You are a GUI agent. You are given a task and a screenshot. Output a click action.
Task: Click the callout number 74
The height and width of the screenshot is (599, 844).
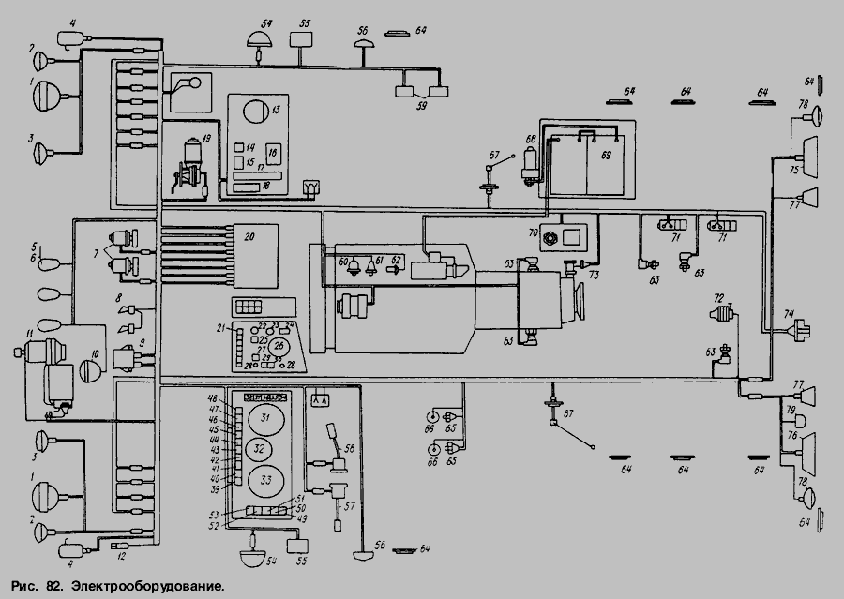(789, 315)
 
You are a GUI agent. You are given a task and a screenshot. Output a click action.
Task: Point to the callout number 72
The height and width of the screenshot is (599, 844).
(719, 297)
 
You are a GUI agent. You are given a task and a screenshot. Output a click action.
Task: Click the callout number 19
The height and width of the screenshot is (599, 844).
(205, 137)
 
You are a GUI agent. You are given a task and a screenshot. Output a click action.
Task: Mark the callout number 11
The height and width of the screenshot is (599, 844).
(29, 334)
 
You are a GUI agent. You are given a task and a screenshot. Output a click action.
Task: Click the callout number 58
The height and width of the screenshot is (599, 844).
(350, 448)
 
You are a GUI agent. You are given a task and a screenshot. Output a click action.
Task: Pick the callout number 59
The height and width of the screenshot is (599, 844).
(423, 105)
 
